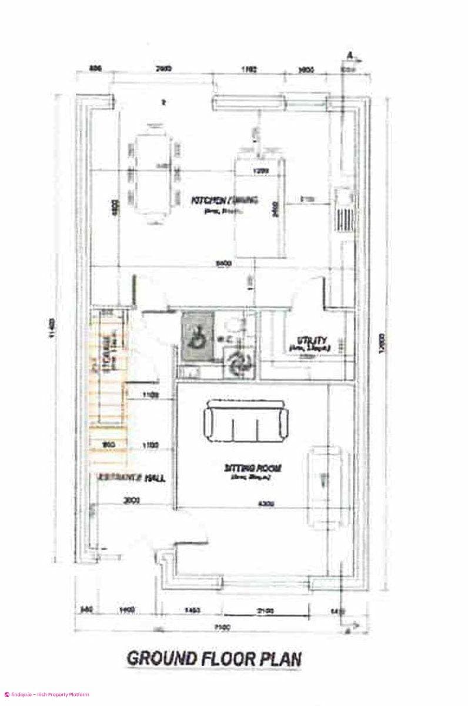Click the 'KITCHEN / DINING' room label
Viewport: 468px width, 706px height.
click(x=225, y=201)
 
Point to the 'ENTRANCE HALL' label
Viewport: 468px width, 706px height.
click(x=131, y=478)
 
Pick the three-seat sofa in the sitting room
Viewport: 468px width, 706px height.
click(x=246, y=419)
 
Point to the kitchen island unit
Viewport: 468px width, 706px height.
click(x=259, y=206)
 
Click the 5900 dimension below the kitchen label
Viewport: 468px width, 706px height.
click(x=222, y=264)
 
